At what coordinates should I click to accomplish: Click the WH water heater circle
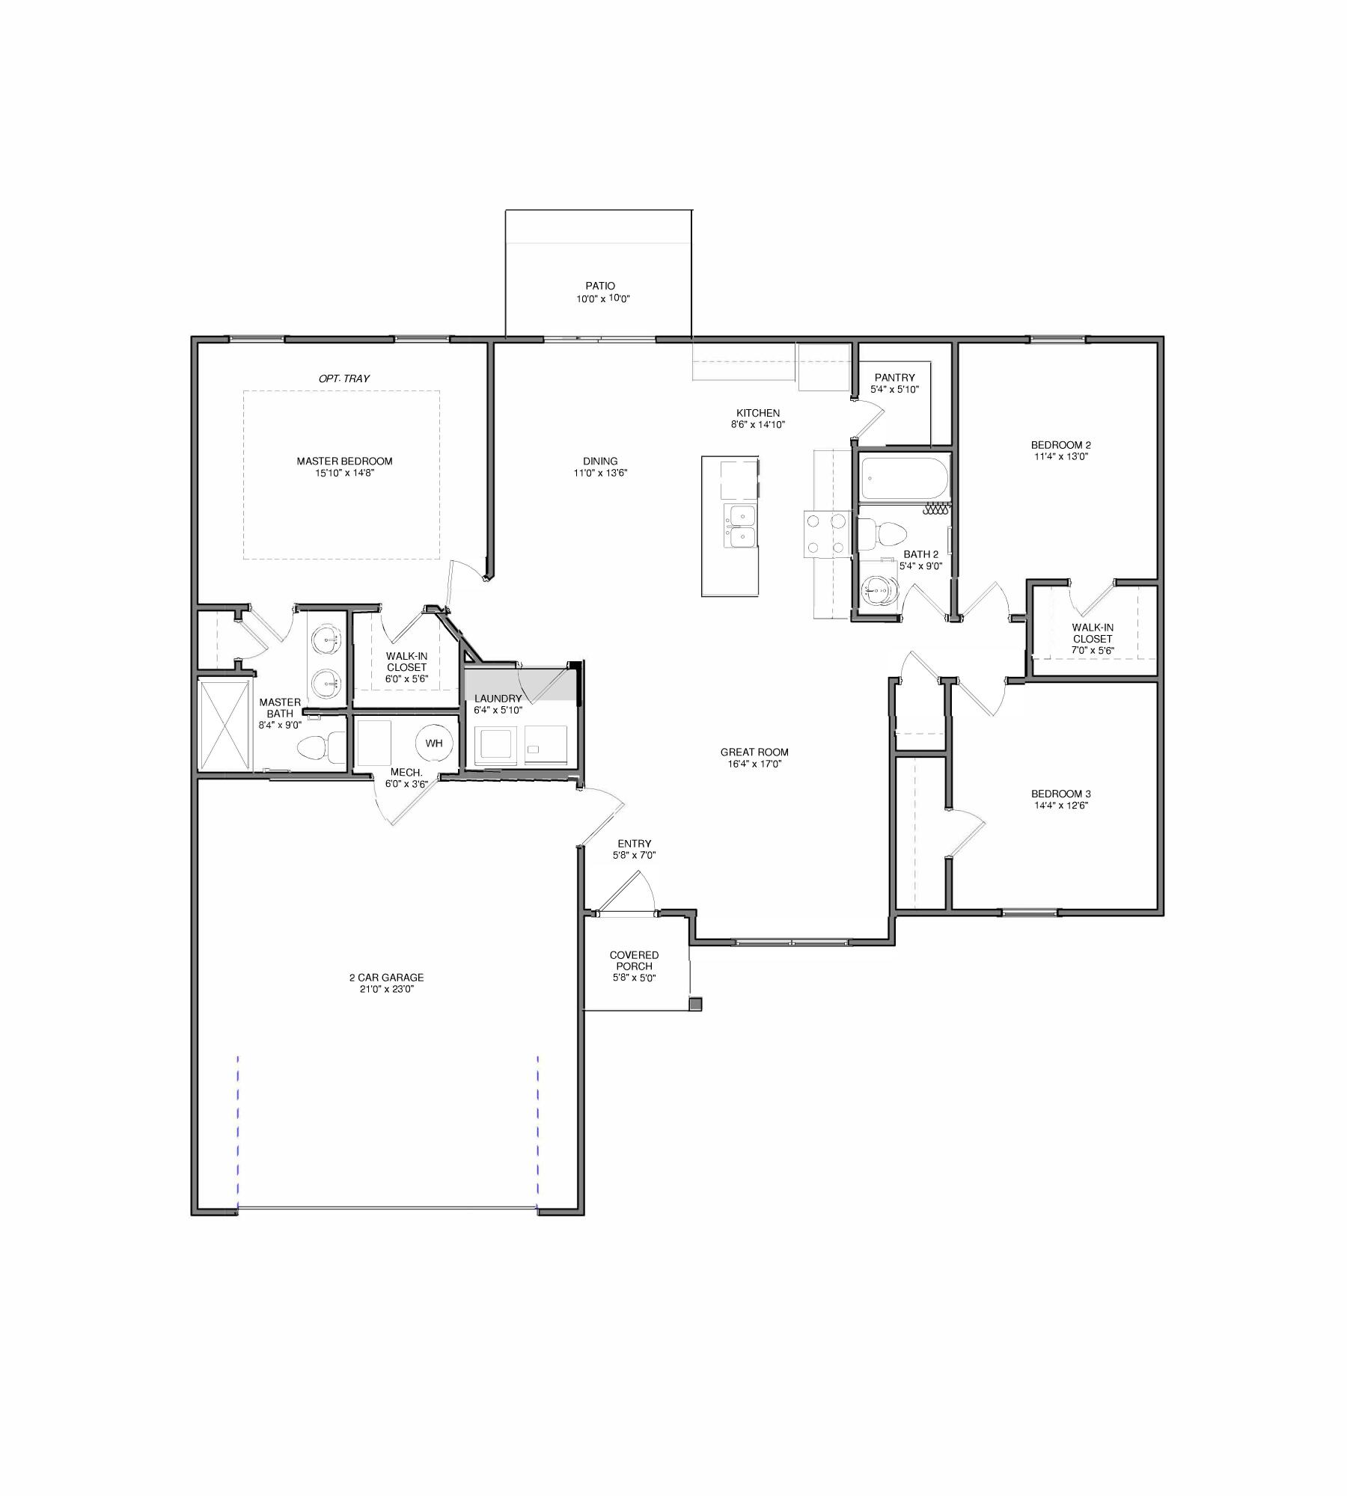click(x=434, y=743)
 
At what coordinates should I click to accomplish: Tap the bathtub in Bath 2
click(x=904, y=479)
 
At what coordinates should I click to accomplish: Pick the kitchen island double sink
click(x=741, y=526)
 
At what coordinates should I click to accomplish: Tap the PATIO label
click(x=600, y=286)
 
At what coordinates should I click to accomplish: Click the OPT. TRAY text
click(x=344, y=378)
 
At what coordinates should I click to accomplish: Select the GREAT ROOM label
click(x=754, y=752)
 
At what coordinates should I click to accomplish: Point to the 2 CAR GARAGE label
click(x=386, y=977)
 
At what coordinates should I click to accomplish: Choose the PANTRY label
click(x=894, y=378)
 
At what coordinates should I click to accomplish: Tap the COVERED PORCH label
click(x=634, y=960)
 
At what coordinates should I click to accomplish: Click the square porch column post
click(x=695, y=1004)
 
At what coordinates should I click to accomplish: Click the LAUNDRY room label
click(x=498, y=699)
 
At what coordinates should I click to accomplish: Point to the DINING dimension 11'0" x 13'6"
click(x=600, y=473)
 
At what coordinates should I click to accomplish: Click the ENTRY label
click(x=634, y=844)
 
